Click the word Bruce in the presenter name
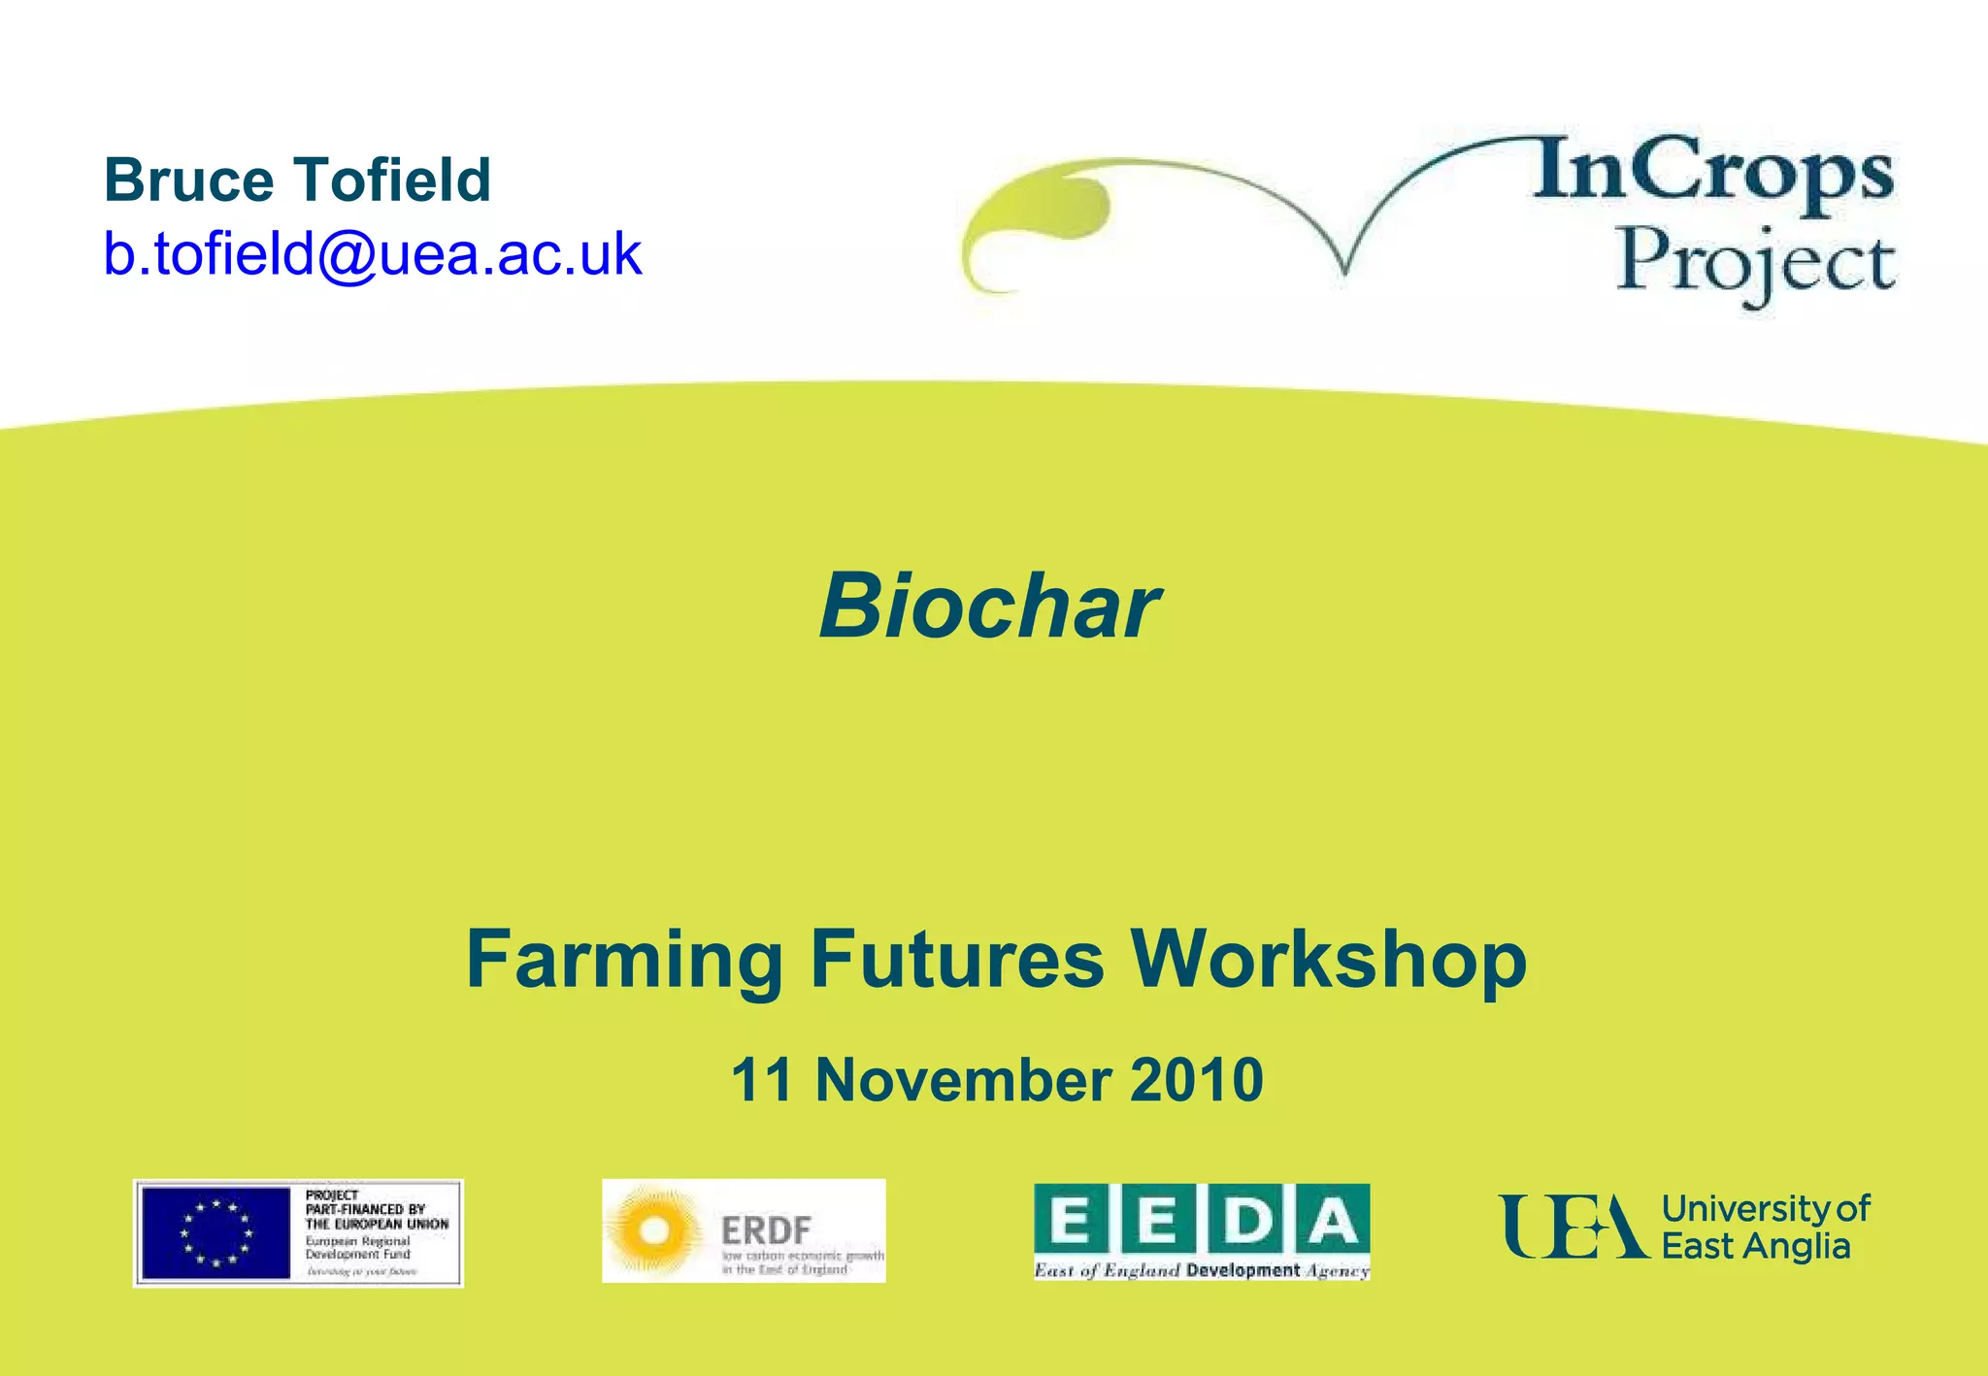[189, 180]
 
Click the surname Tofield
[392, 180]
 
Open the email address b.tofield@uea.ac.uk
[373, 254]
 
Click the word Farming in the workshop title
[624, 960]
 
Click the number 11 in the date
[762, 1080]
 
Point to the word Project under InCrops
[1755, 262]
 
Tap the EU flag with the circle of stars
[215, 1233]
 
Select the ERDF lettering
[766, 1230]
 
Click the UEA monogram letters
[1573, 1227]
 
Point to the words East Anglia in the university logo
[1755, 1246]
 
